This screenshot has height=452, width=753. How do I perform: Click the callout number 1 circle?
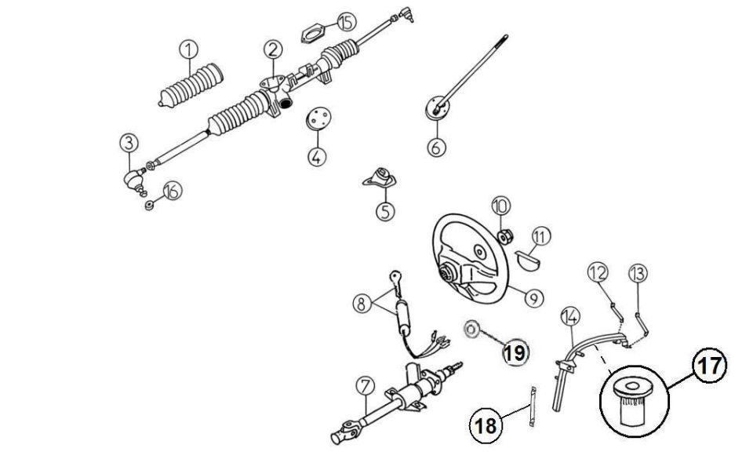coord(189,49)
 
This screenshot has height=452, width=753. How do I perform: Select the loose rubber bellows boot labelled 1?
coord(191,86)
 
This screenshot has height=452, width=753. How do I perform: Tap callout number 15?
coord(347,22)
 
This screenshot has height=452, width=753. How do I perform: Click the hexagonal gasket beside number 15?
coord(314,35)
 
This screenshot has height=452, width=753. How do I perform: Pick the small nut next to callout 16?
coord(149,206)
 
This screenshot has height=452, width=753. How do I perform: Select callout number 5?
coord(385,211)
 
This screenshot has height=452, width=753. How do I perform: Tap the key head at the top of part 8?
coord(397,277)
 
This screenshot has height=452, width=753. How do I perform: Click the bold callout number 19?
coord(515,353)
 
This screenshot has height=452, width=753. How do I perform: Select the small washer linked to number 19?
coord(471,329)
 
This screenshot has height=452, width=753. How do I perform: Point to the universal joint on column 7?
coord(344,432)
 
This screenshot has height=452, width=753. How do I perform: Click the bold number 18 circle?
coord(486,425)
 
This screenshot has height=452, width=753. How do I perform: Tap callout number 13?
coord(638,273)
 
